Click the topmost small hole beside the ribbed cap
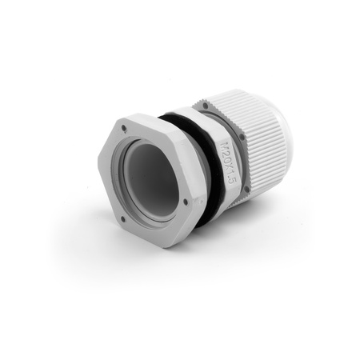point(206,104)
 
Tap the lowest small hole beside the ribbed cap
point(247,190)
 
